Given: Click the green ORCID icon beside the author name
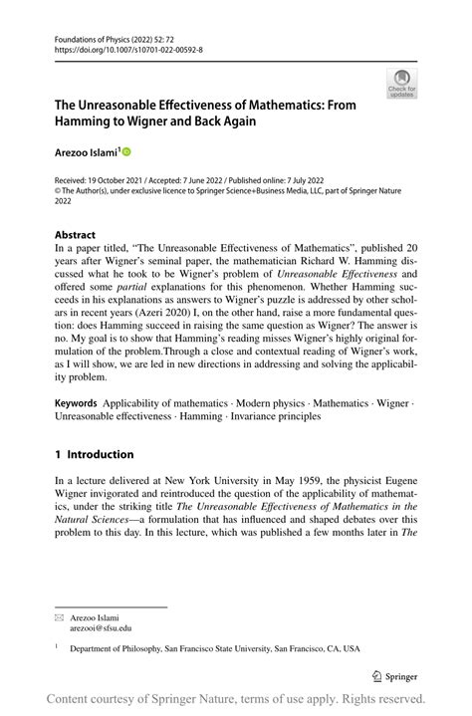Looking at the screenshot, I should click(x=126, y=151).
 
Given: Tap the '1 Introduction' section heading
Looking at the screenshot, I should click(x=94, y=454).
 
